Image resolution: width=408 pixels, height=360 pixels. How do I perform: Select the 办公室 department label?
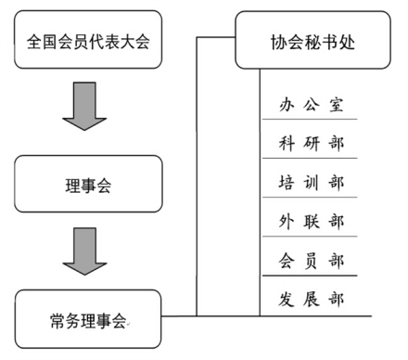pos(312,104)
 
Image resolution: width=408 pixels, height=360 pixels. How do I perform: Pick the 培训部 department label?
pos(312,182)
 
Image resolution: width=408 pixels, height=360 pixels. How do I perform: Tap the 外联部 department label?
pos(312,221)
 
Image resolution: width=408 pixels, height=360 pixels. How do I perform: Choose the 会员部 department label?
pos(312,260)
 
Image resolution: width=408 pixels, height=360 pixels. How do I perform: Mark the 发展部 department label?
pos(312,299)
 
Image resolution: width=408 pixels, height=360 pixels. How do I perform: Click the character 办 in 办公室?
pos(287,104)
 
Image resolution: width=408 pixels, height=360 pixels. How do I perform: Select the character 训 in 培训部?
pos(312,182)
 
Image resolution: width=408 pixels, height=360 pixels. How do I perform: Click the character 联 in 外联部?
pos(312,221)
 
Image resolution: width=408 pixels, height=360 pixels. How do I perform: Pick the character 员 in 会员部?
pos(312,260)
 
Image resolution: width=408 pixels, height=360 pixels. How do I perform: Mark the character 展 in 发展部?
pos(312,299)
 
